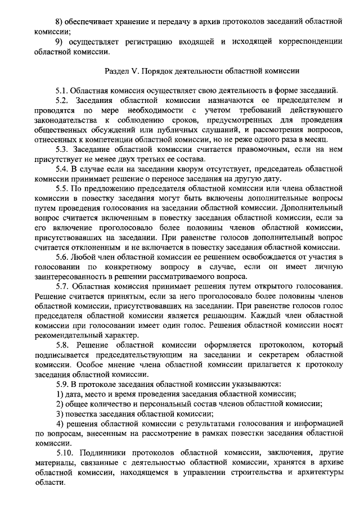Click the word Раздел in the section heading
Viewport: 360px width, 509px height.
point(118,71)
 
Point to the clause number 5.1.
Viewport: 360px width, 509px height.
point(63,90)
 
